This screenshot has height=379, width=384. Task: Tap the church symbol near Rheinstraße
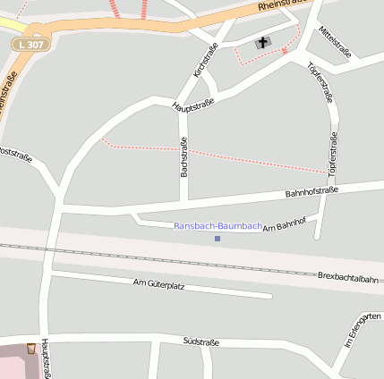262,42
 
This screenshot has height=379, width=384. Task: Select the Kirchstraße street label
200,59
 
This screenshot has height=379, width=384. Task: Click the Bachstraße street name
183,156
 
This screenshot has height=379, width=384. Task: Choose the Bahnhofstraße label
311,191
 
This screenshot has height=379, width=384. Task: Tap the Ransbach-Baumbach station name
218,226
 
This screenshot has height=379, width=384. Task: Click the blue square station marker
218,239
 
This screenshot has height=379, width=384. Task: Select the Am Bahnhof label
285,224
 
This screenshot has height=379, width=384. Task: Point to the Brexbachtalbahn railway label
348,279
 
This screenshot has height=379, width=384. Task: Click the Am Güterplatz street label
158,284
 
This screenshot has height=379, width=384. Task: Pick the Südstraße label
201,341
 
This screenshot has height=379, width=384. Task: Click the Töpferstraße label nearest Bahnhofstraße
331,153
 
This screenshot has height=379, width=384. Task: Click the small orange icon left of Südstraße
32,348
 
